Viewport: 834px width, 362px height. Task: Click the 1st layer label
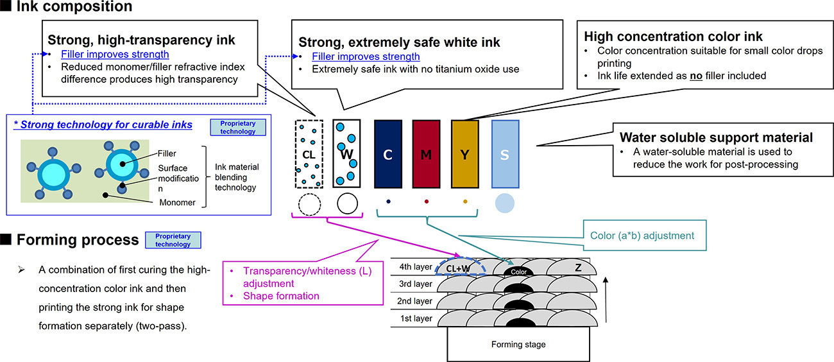coord(414,318)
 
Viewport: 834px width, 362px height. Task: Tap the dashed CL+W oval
coord(461,268)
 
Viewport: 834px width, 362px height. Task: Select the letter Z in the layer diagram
coord(578,268)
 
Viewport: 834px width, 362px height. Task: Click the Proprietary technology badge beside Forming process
coord(173,240)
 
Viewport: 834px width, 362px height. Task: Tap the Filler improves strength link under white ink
coord(366,56)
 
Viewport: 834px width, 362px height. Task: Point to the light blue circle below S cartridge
coord(505,203)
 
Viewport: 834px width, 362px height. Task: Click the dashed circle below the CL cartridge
coord(309,205)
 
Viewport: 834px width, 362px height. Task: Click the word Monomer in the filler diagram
coord(178,203)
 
